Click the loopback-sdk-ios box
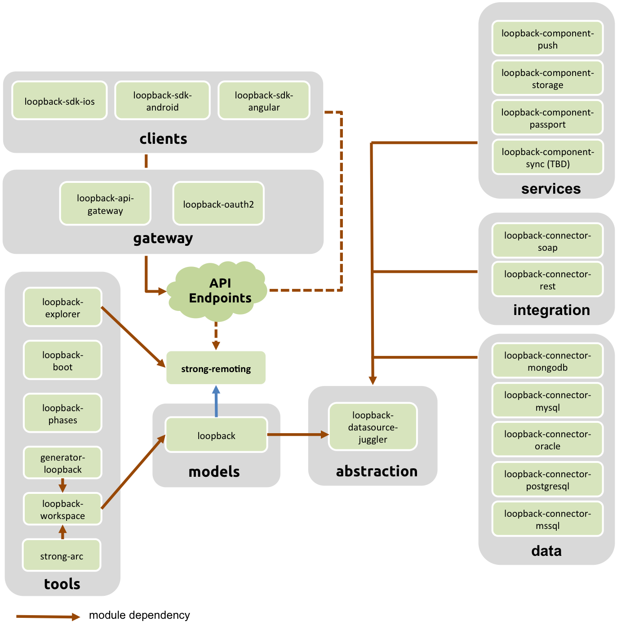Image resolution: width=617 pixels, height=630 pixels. pos(59,101)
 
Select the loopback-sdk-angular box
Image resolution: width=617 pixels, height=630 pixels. pos(264,101)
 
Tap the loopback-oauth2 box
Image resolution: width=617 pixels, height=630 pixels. pos(218,204)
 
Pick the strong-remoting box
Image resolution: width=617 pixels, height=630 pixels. pos(216,368)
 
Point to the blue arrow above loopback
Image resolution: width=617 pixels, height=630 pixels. pos(216,401)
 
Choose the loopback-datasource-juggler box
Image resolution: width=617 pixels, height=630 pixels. pos(373,426)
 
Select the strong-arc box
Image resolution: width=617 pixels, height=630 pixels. pos(62,556)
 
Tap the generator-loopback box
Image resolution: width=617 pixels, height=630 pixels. pos(62,463)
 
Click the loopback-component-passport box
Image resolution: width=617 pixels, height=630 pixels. pos(547,118)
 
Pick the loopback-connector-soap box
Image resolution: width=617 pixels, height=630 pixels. pos(547,241)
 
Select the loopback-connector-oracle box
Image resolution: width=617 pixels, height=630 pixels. pos(547,439)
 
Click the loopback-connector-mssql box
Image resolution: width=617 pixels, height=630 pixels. pos(547,519)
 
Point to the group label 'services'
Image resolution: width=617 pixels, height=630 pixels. pos(550,189)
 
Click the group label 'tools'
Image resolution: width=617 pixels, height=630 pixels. pos(62,584)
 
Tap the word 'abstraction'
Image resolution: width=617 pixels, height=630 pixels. pos(377,471)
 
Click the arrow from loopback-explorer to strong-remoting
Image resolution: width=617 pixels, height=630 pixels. pos(133,337)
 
